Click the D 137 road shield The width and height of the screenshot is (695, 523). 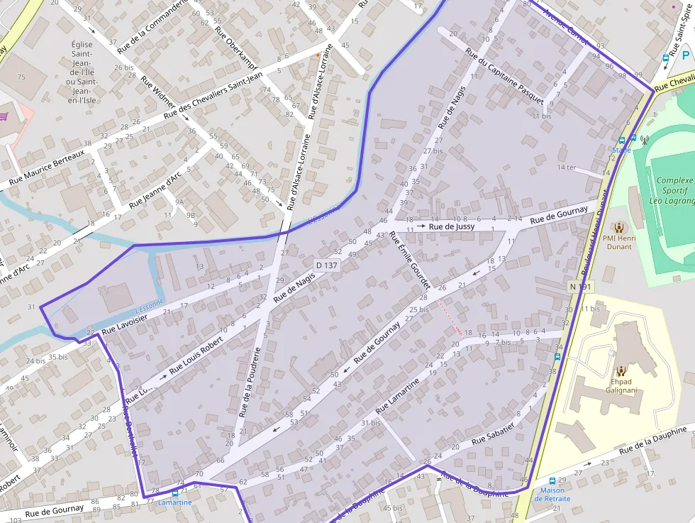coord(328,265)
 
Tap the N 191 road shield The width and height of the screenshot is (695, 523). coord(579,287)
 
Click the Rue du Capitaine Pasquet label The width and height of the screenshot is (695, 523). coord(504,76)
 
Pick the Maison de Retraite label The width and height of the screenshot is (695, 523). coord(552,494)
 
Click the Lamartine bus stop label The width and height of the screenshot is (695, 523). coord(174,502)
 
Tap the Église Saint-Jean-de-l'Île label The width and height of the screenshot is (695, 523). coord(82,72)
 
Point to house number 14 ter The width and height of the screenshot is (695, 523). coord(567,167)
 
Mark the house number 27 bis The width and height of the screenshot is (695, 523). coord(433,151)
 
